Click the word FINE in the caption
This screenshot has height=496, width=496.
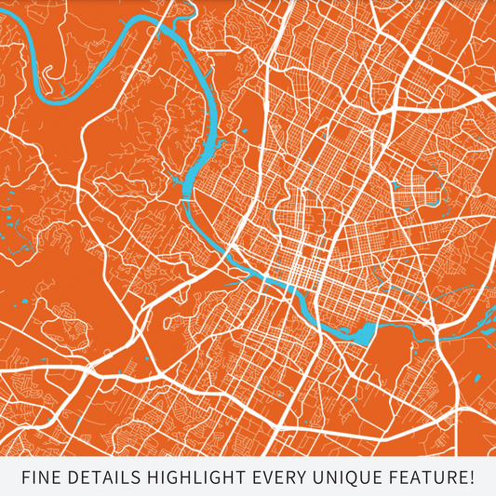click(40, 478)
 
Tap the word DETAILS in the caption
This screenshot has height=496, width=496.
click(100, 478)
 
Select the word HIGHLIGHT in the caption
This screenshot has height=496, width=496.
click(192, 478)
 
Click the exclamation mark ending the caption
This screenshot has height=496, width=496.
click(472, 478)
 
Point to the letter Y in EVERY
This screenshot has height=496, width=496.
click(302, 478)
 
